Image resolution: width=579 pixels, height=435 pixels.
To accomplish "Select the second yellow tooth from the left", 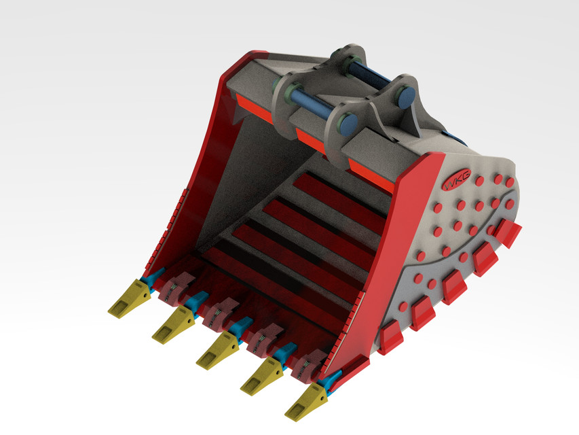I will click(172, 326).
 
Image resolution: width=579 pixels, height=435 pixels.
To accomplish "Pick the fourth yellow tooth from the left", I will click(261, 375).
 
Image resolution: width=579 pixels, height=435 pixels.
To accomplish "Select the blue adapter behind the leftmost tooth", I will click(152, 278).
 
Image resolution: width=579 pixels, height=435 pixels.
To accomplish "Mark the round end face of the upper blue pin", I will click(406, 96).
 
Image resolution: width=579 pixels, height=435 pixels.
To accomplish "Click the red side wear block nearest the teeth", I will click(390, 338).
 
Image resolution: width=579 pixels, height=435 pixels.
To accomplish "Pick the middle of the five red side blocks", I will click(454, 286).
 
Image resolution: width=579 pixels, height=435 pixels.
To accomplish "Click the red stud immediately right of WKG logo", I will click(480, 181).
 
